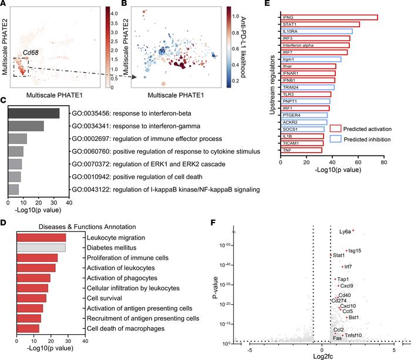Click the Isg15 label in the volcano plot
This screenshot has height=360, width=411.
pyautogui.click(x=355, y=251)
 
